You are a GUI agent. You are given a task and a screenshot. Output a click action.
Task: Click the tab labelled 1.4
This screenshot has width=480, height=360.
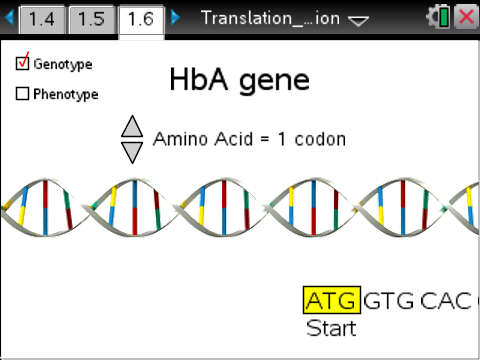click(41, 19)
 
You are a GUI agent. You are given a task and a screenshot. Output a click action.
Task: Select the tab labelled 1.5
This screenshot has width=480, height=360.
click(91, 19)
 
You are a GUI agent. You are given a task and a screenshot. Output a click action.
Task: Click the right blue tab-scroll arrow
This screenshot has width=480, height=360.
click(176, 18)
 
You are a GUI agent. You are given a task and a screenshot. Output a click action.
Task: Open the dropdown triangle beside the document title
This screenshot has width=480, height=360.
click(358, 19)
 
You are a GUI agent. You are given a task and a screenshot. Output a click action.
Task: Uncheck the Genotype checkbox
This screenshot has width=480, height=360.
click(23, 63)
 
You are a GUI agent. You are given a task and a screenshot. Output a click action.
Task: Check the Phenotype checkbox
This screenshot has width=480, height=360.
click(23, 94)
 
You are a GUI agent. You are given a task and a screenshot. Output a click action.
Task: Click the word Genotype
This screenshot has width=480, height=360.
click(62, 64)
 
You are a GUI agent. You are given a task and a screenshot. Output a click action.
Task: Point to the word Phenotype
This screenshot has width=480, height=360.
click(65, 95)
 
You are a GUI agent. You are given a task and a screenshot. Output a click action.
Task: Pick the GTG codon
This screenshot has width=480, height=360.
click(388, 301)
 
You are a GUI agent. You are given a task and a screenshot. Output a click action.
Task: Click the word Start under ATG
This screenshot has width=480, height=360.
click(331, 328)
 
